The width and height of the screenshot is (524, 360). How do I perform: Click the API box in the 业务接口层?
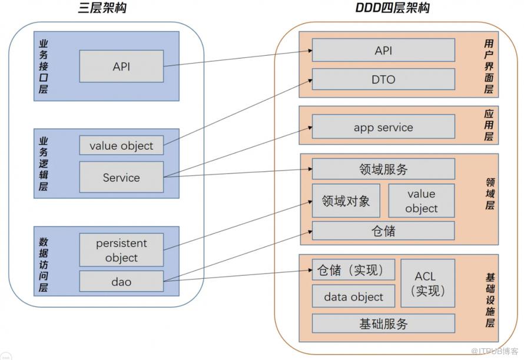[x=121, y=66]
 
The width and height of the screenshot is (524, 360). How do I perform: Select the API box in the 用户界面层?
[x=383, y=50]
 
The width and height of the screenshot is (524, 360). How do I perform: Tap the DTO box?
[x=383, y=79]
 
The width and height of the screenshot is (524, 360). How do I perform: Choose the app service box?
[x=383, y=126]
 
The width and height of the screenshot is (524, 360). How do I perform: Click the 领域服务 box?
[x=383, y=169]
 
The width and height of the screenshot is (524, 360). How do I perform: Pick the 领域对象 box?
[x=346, y=201]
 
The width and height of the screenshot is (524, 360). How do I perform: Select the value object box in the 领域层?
[x=422, y=201]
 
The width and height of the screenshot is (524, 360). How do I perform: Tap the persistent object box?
[x=121, y=250]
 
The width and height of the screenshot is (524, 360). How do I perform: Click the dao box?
[x=121, y=281]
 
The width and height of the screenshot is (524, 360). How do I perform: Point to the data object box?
[x=354, y=296]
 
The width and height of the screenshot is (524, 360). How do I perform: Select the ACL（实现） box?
[x=428, y=283]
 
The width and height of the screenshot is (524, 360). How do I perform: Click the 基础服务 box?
[x=383, y=324]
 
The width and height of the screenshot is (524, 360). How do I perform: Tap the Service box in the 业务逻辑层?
[x=121, y=177]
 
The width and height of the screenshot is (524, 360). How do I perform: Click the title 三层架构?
[x=102, y=7]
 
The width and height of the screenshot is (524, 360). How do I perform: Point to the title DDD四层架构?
[x=392, y=7]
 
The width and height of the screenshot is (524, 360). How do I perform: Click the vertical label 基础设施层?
[x=490, y=300]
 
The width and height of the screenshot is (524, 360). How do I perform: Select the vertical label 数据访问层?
[x=44, y=265]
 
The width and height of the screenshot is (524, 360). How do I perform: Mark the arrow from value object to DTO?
[x=238, y=112]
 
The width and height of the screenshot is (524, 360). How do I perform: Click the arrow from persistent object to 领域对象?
[x=238, y=225]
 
